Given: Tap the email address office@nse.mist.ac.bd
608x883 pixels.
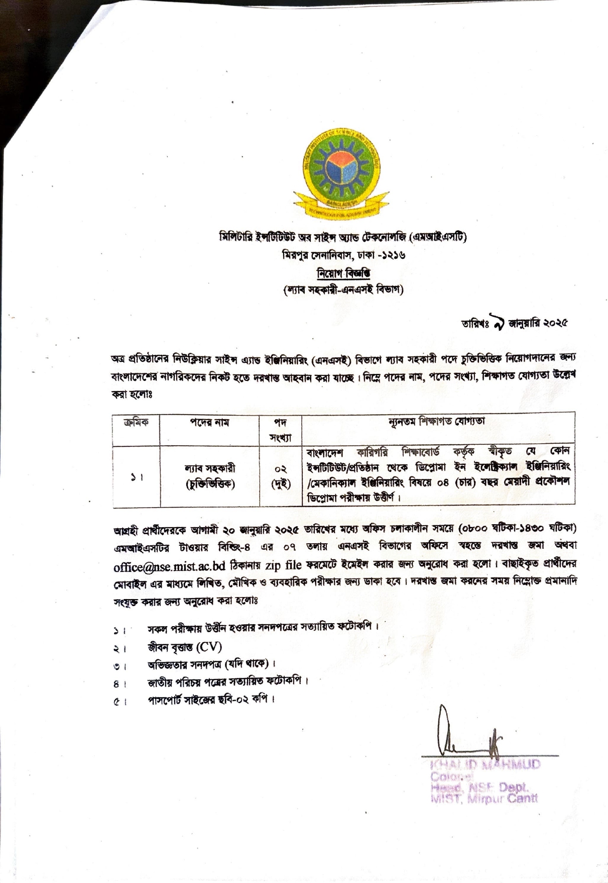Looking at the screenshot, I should (x=169, y=565).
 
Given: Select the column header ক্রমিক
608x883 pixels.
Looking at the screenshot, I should (x=136, y=422).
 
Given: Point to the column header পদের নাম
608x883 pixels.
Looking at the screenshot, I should (x=209, y=423).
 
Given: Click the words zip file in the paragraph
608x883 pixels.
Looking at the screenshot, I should (x=284, y=565).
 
